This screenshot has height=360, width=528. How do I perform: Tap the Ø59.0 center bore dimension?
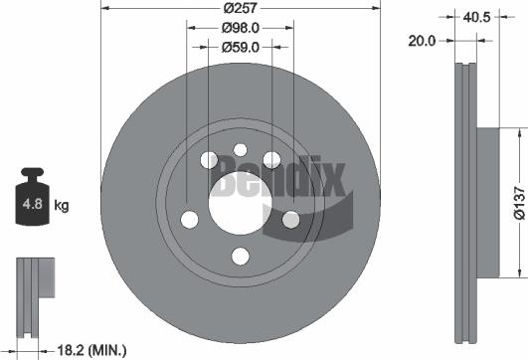241,47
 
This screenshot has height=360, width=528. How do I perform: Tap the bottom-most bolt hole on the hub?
240,257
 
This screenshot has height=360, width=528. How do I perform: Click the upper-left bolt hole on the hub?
209,161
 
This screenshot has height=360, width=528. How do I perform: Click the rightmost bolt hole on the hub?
290,220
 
